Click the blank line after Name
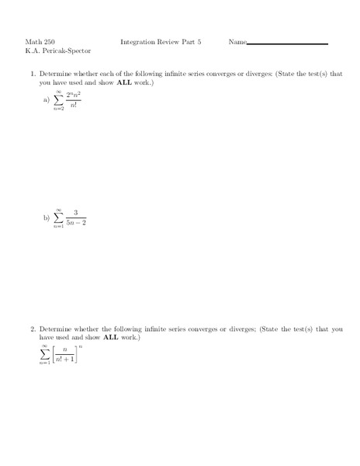point(287,44)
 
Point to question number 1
point(33,74)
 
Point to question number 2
point(33,329)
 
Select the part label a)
point(47,100)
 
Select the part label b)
point(47,218)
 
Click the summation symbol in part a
point(58,100)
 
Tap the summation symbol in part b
point(58,217)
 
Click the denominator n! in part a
point(74,106)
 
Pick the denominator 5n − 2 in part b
point(76,224)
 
